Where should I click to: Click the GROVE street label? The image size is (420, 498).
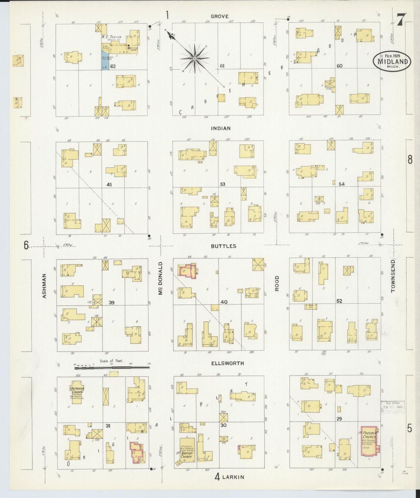pos(219,17)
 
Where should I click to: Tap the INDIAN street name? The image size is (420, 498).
pos(221,128)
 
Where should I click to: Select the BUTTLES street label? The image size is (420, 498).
pos(224,246)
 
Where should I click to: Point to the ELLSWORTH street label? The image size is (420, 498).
pos(228,363)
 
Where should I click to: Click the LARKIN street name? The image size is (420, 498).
pos(233,477)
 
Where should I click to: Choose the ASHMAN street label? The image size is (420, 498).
pos(44,286)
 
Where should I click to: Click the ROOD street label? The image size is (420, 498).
pos(277,283)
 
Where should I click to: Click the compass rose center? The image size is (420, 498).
pos(194,59)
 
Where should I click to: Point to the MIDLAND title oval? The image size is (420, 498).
pos(392,61)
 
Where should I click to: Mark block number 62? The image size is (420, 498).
pos(113,66)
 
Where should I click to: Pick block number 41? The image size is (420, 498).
pos(109,184)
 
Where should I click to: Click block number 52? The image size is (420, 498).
pos(339,301)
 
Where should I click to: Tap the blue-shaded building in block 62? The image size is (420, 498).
pos(105,60)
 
